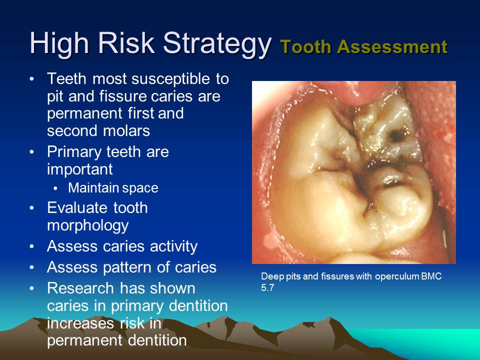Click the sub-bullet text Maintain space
tap(113, 187)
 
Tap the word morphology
tap(88, 226)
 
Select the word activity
tap(173, 246)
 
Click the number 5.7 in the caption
tap(267, 288)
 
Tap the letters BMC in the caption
tap(431, 276)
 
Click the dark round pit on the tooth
tap(397, 135)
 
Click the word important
tap(80, 169)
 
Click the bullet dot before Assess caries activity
tap(32, 246)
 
